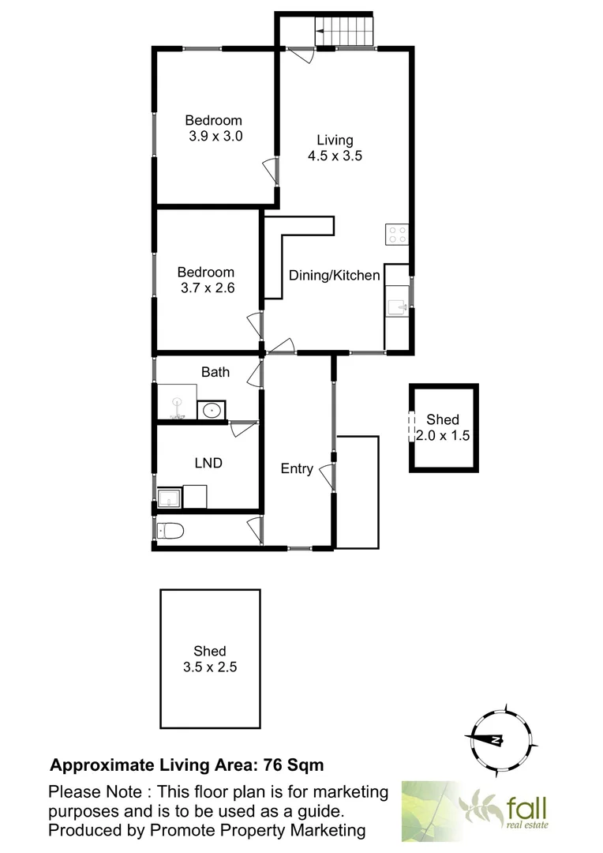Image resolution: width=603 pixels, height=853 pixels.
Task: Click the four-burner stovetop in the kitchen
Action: (x=397, y=234)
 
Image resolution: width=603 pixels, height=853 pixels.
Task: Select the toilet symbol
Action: (x=170, y=530)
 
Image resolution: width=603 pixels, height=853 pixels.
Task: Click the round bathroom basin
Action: (x=211, y=411)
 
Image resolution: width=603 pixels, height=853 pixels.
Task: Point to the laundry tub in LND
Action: (x=168, y=498)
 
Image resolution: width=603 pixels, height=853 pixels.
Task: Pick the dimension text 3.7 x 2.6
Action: (x=207, y=288)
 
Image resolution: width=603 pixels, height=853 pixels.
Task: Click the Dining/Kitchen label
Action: (x=335, y=276)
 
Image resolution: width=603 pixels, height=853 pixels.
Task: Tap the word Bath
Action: (x=215, y=371)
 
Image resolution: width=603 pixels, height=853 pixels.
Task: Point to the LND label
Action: (x=208, y=464)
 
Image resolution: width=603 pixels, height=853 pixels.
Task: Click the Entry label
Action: (x=297, y=468)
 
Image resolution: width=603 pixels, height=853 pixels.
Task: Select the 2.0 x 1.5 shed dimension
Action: (x=444, y=435)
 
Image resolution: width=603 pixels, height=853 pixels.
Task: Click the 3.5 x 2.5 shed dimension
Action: (x=210, y=667)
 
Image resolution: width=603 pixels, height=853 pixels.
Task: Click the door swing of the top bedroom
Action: (x=270, y=171)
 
